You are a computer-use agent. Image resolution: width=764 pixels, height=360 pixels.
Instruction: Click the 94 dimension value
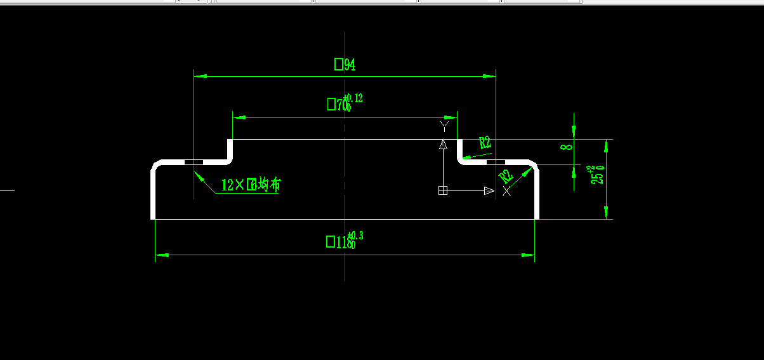click(345, 65)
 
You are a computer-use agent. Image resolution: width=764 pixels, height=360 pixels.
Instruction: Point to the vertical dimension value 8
click(567, 147)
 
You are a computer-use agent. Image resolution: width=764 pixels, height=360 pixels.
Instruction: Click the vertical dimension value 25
click(597, 176)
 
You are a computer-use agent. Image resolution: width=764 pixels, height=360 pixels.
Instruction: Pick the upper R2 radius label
click(485, 143)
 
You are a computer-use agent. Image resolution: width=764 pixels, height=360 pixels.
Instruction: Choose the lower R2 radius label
click(506, 176)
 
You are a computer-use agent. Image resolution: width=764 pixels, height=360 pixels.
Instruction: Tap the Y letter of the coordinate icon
click(444, 126)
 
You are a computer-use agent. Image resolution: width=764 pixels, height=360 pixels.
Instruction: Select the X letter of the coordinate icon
click(506, 191)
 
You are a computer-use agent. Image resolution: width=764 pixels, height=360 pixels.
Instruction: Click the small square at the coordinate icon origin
click(443, 190)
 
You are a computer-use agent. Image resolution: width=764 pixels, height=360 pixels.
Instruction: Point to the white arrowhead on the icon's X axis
click(489, 190)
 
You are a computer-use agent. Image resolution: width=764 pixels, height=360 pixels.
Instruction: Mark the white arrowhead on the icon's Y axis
click(443, 144)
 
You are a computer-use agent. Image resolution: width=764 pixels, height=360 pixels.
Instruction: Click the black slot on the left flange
click(194, 163)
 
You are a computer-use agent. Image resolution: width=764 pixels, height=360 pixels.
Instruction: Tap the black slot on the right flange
click(496, 163)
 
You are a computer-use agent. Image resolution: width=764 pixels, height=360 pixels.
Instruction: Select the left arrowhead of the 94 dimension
click(201, 76)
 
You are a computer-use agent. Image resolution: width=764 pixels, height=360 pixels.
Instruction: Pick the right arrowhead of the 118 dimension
click(528, 255)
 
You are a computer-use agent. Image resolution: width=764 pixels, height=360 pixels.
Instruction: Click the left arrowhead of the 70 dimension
click(239, 117)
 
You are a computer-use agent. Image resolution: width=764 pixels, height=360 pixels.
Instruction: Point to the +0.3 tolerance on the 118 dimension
click(356, 236)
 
